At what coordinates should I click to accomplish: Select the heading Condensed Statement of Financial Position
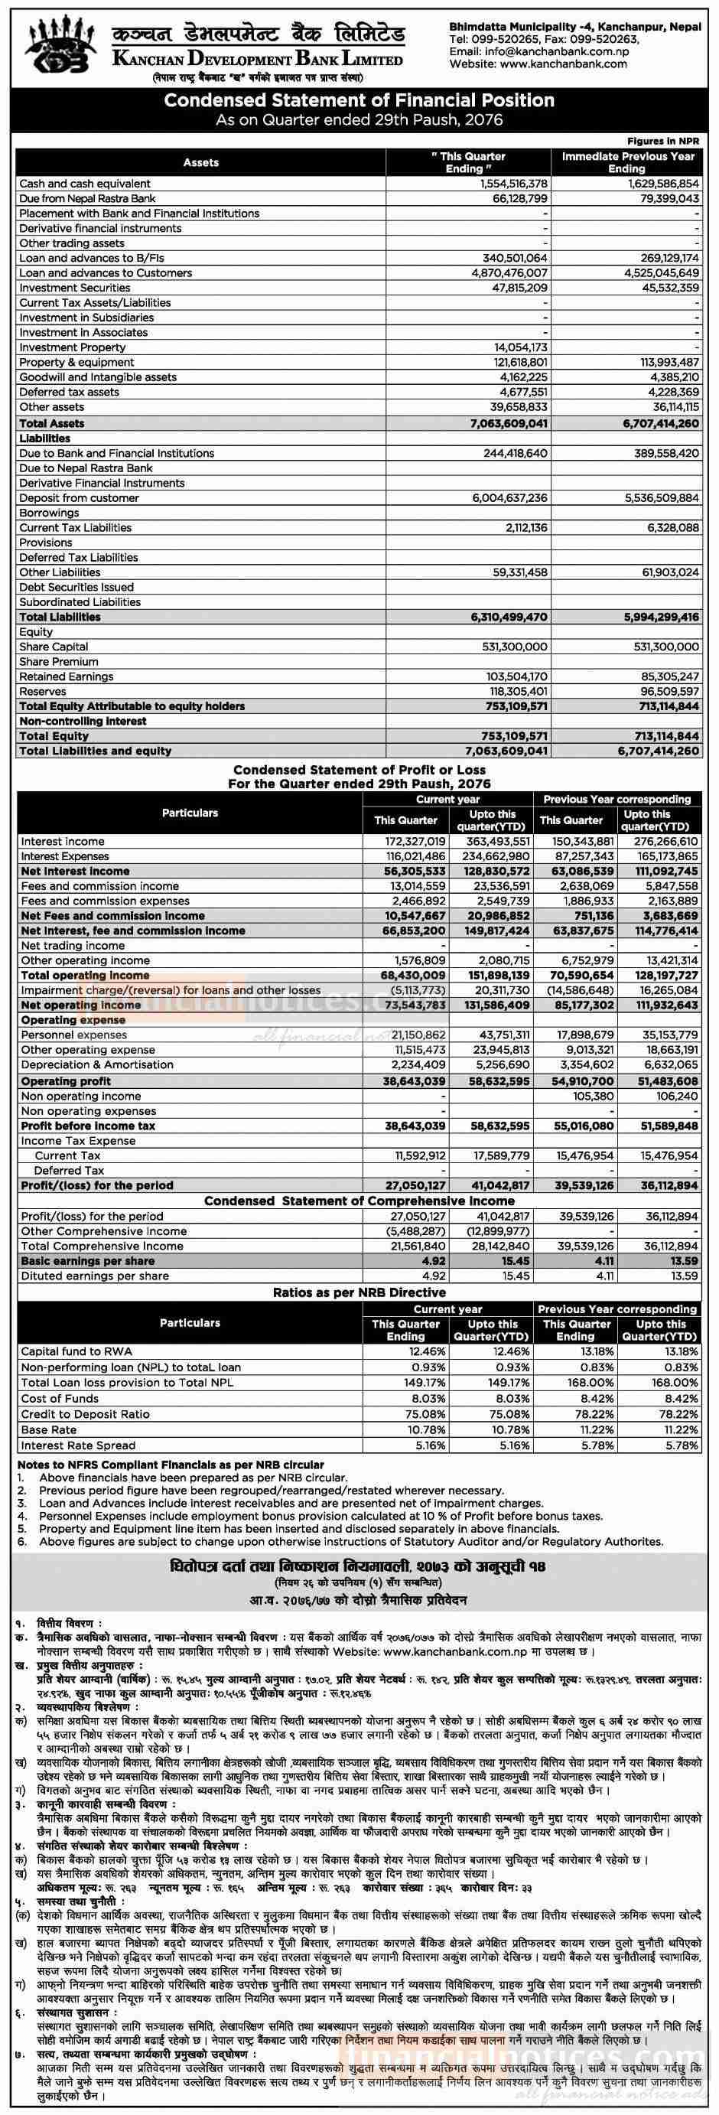tap(359, 100)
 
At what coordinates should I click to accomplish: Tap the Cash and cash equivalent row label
tap(85, 184)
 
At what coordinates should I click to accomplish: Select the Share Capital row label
tap(54, 647)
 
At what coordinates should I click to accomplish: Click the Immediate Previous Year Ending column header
tap(628, 161)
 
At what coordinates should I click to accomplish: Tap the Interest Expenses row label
tap(67, 856)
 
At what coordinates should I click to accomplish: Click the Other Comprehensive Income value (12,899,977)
tap(498, 1230)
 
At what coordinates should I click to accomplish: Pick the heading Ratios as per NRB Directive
tap(359, 1292)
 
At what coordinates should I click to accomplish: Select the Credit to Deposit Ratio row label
tap(86, 1414)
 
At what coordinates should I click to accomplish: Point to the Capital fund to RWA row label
tap(76, 1351)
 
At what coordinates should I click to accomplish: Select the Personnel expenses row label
tap(74, 1035)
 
